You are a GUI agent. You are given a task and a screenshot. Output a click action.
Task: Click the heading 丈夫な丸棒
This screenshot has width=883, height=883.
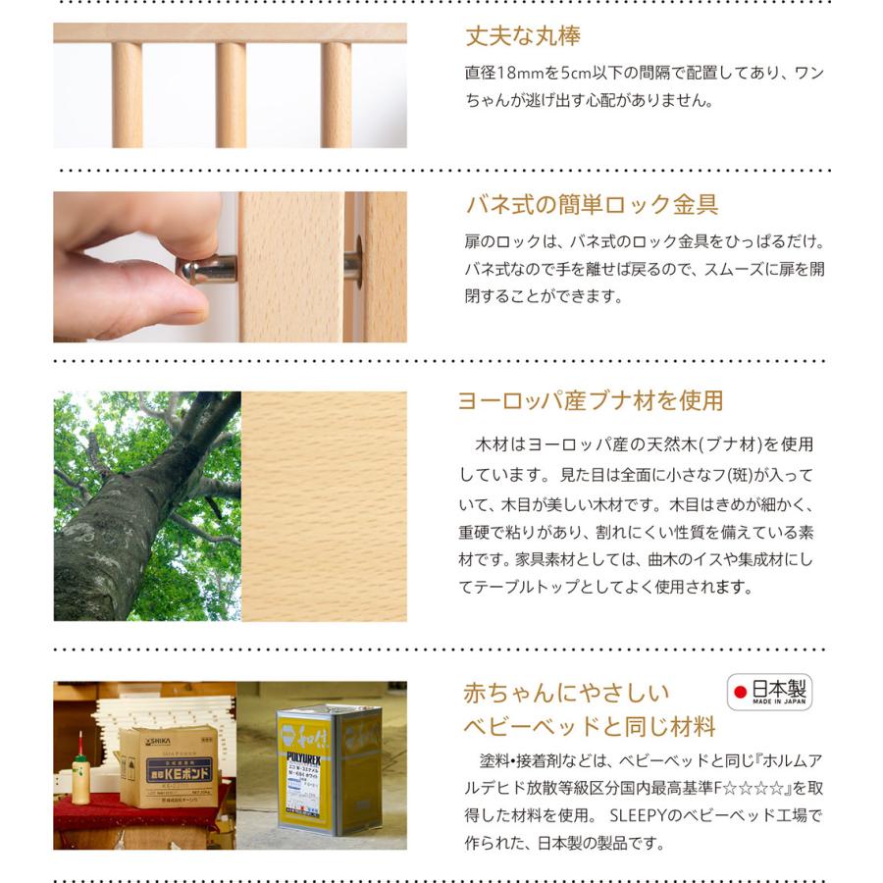coord(522,37)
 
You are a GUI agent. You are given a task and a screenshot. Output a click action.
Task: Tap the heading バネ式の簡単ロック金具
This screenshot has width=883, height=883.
coord(591,205)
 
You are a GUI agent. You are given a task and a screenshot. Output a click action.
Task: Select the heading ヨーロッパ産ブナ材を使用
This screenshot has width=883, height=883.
coord(590,400)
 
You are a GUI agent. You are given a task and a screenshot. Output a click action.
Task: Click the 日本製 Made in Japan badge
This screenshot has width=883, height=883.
coord(769,692)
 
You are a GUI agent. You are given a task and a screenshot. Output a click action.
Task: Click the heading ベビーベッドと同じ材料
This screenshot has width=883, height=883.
coord(589,727)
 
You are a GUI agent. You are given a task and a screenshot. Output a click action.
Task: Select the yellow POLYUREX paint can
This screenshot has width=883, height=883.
coord(316,765)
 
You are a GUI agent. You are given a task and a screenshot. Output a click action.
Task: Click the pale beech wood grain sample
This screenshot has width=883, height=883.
coord(324,506)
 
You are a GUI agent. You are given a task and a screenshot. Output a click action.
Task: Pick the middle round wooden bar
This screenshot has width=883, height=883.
coord(231,94)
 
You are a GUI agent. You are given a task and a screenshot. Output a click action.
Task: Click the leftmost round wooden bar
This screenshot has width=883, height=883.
coord(127,94)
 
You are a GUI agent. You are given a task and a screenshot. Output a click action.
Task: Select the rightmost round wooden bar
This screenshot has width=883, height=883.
coord(336,94)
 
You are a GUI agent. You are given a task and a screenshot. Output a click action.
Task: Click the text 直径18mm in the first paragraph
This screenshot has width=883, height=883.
coord(503,73)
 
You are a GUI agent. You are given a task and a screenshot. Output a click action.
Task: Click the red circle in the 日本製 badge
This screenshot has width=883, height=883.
coord(741,692)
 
